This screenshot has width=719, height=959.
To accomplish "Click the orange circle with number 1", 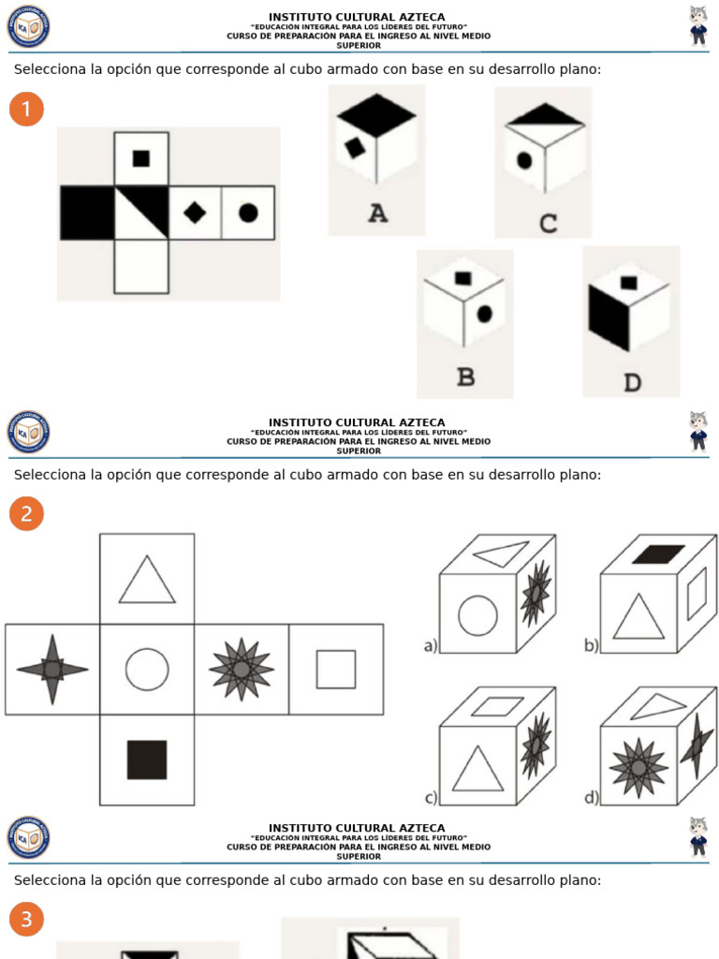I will coord(26,110).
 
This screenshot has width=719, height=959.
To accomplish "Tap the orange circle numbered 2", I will coord(26,513).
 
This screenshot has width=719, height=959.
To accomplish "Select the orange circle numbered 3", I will coord(26,920).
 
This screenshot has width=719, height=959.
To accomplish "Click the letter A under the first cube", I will coord(376,214).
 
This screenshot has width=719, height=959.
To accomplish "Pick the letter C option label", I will coord(548,223).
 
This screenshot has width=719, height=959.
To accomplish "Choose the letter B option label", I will coord(465,377).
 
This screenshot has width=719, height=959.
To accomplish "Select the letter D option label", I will coord(632,382).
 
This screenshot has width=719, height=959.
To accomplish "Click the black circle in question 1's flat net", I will coord(248,213).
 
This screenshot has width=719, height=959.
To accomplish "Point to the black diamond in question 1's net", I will coord(195,213).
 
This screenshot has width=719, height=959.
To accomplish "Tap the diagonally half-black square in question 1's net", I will coord(141,213).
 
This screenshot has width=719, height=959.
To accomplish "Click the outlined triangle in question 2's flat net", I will coord(147,581).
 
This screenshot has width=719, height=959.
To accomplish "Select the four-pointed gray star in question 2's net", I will coord(52,669).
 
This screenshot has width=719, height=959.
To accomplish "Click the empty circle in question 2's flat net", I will coord(147,670).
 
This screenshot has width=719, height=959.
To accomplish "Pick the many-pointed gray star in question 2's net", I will coord(242,669).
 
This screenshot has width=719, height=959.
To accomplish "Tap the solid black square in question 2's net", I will coord(147,760).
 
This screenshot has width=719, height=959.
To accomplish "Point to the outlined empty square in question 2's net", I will coord(336,670).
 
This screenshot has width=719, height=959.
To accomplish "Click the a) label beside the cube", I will coord(431,645).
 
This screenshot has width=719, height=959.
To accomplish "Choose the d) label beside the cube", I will coord(592,798).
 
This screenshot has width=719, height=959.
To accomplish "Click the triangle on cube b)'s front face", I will coord(638,618).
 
